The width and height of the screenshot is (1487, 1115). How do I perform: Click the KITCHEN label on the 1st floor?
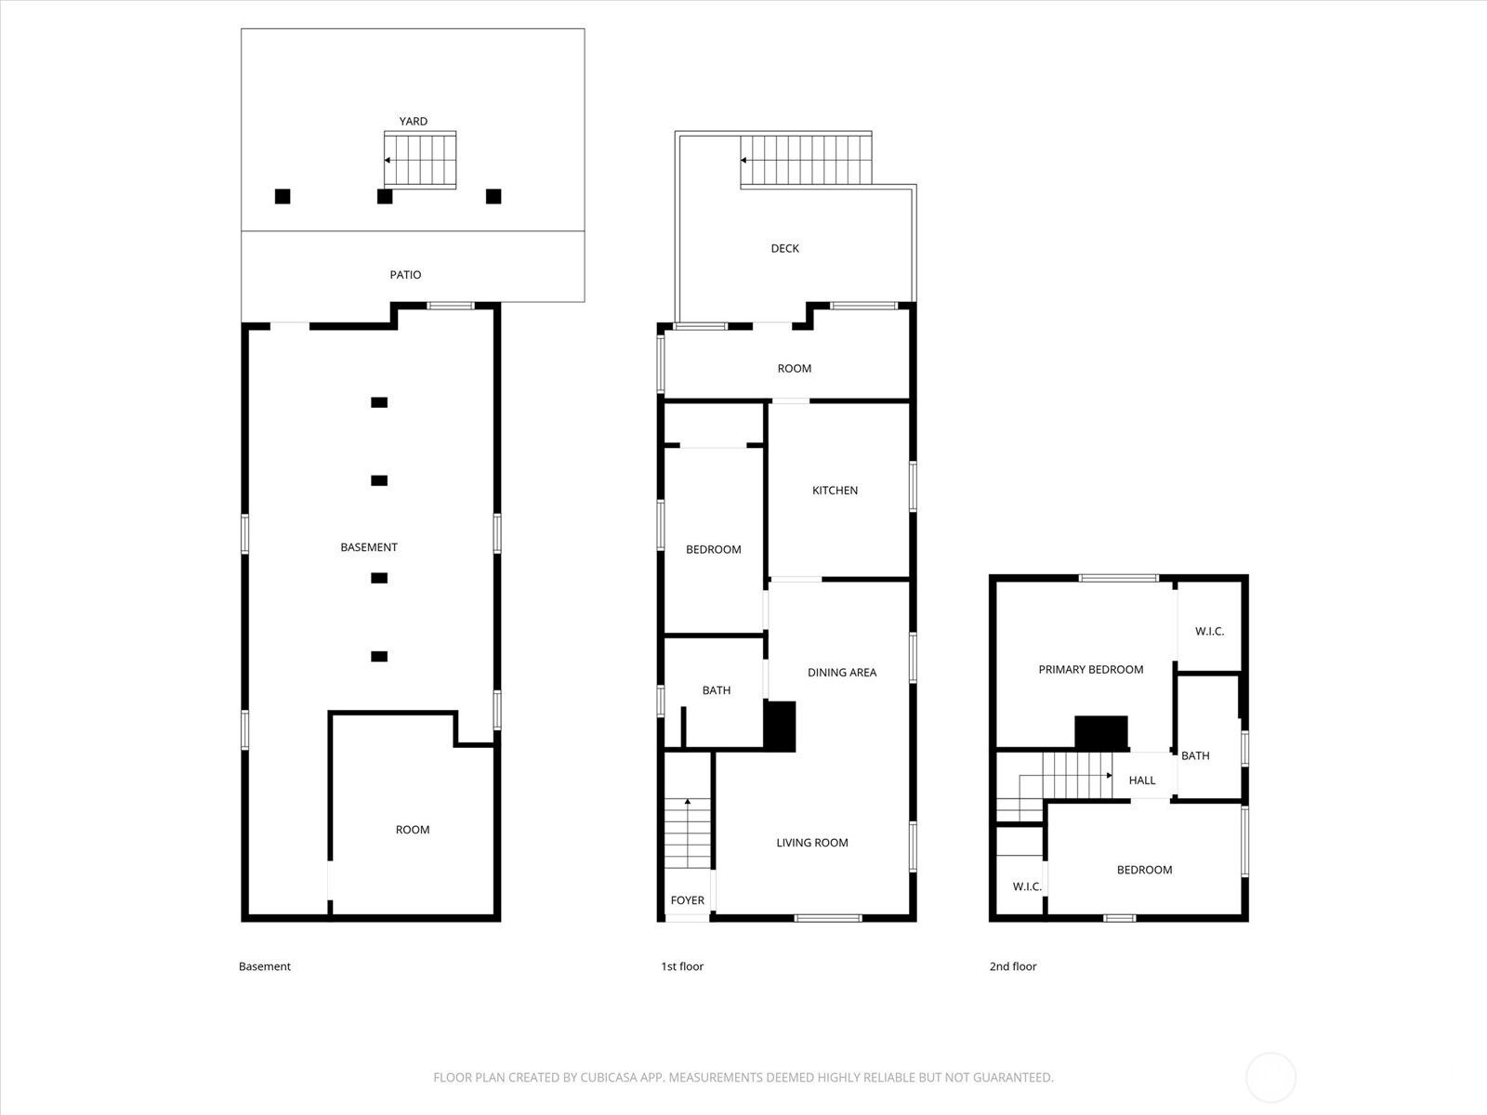(835, 491)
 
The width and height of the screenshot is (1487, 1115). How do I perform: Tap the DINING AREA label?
(842, 672)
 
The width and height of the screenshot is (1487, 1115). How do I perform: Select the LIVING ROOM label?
(811, 843)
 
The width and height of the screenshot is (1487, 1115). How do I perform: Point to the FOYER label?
(687, 900)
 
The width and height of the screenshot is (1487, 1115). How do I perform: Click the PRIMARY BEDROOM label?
(1091, 670)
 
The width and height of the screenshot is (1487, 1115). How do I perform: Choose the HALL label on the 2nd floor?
(1142, 780)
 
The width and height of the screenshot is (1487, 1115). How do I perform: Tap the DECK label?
(784, 248)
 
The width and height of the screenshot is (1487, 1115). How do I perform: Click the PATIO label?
(405, 275)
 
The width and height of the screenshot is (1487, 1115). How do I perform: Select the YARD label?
(414, 121)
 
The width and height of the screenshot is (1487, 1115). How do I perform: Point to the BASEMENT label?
(369, 547)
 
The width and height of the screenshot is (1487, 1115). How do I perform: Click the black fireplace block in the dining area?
(780, 726)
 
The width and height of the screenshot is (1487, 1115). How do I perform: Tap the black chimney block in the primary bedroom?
(1101, 733)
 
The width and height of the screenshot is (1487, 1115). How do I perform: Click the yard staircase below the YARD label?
(420, 160)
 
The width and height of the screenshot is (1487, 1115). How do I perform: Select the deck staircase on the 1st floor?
(806, 161)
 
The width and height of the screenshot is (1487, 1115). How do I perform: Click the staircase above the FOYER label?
(687, 833)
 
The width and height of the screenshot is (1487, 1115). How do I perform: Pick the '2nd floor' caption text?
(1013, 966)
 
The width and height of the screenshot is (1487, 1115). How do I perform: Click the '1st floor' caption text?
(682, 966)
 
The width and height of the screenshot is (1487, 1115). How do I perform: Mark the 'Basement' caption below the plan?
(264, 966)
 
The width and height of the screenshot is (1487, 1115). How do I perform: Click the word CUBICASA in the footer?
(606, 1078)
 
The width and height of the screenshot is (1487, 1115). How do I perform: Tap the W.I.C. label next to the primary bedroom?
(1209, 632)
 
